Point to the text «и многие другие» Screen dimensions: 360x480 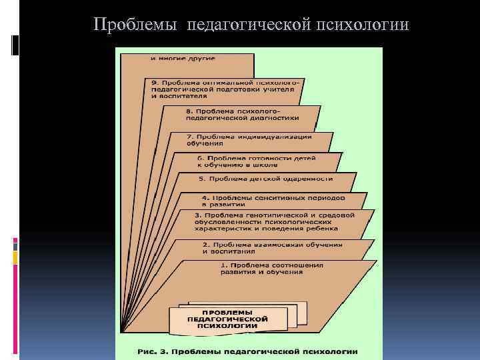tap(183, 59)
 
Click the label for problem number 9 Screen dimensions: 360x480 tap(223, 89)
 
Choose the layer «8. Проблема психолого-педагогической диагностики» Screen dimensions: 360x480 tap(241, 113)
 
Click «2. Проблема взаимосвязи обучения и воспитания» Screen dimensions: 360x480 tap(272, 247)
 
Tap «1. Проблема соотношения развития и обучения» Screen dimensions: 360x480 tap(271, 268)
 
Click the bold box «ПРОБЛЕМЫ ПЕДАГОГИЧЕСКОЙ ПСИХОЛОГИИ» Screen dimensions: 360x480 tap(227, 319)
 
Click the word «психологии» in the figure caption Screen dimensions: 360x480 tap(325, 351)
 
